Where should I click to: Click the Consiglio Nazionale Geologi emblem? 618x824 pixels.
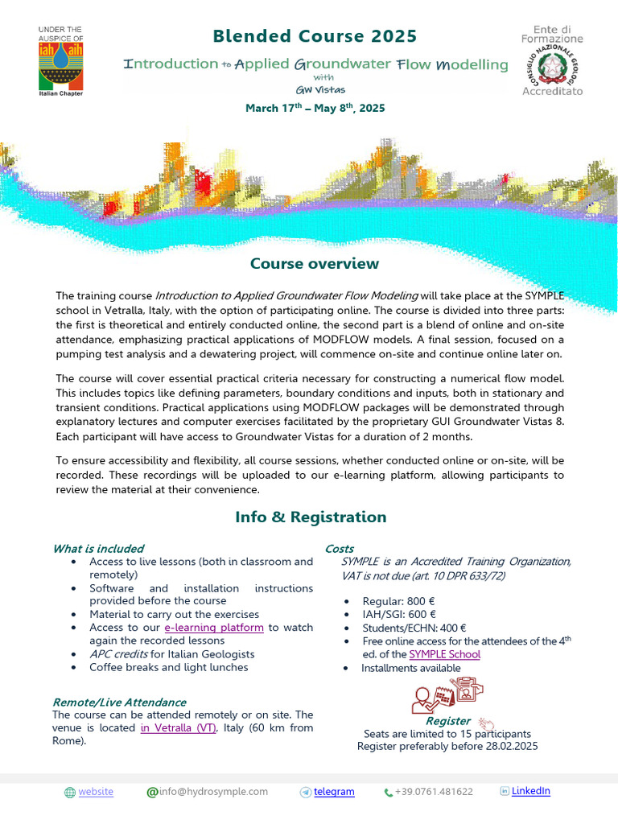click(x=552, y=60)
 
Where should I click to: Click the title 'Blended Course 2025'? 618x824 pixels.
click(x=315, y=36)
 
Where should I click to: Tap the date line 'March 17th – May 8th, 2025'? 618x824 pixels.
click(x=315, y=108)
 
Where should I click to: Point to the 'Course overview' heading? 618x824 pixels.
click(x=315, y=264)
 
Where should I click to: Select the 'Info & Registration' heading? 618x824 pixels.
click(x=311, y=517)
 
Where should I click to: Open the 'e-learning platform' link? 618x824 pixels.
click(x=214, y=628)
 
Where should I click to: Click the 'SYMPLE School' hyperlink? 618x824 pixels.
click(x=444, y=654)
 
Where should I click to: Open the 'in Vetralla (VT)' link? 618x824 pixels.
click(x=179, y=727)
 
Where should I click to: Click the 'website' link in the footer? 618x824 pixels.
click(x=96, y=792)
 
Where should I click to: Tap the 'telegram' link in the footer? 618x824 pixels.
click(x=334, y=792)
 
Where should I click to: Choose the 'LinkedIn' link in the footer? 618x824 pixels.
click(x=531, y=791)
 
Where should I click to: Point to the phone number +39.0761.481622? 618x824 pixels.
click(x=434, y=792)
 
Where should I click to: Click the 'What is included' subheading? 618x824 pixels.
click(x=98, y=549)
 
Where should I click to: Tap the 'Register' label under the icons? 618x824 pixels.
click(x=448, y=721)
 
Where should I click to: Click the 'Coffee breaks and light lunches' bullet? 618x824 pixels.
click(x=169, y=667)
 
